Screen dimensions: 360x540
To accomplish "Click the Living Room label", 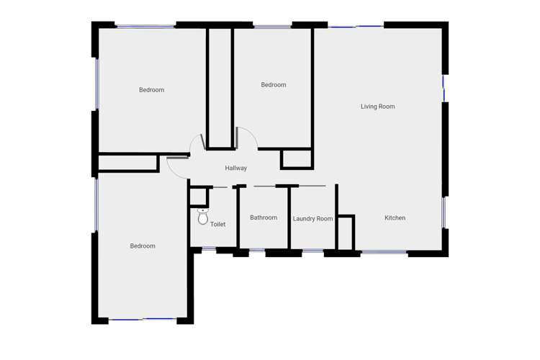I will click(377, 107).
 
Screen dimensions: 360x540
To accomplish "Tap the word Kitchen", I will click(395, 218).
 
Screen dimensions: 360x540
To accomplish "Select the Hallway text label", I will click(235, 168).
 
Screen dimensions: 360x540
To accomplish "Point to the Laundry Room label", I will click(312, 219).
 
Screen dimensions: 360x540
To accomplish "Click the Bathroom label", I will click(264, 217).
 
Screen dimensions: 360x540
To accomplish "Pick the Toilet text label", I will click(217, 225).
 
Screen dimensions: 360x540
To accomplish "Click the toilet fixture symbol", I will click(202, 216).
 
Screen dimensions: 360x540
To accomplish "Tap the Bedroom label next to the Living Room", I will click(273, 85).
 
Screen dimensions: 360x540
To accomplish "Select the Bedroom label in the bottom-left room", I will click(143, 246).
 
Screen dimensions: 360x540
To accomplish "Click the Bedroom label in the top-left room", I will click(151, 90).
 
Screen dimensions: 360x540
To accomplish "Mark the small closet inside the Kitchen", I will click(346, 232).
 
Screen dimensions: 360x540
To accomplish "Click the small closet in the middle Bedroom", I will click(296, 158).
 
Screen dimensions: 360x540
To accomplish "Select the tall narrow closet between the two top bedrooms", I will click(219, 86).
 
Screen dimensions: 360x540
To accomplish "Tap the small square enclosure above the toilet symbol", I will click(198, 196).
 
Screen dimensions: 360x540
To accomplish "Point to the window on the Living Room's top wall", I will click(356, 27).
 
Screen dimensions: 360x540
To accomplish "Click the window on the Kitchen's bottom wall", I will click(383, 252).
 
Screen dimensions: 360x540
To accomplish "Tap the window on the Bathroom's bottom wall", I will click(257, 251).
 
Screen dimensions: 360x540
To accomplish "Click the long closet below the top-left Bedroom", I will click(127, 163).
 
